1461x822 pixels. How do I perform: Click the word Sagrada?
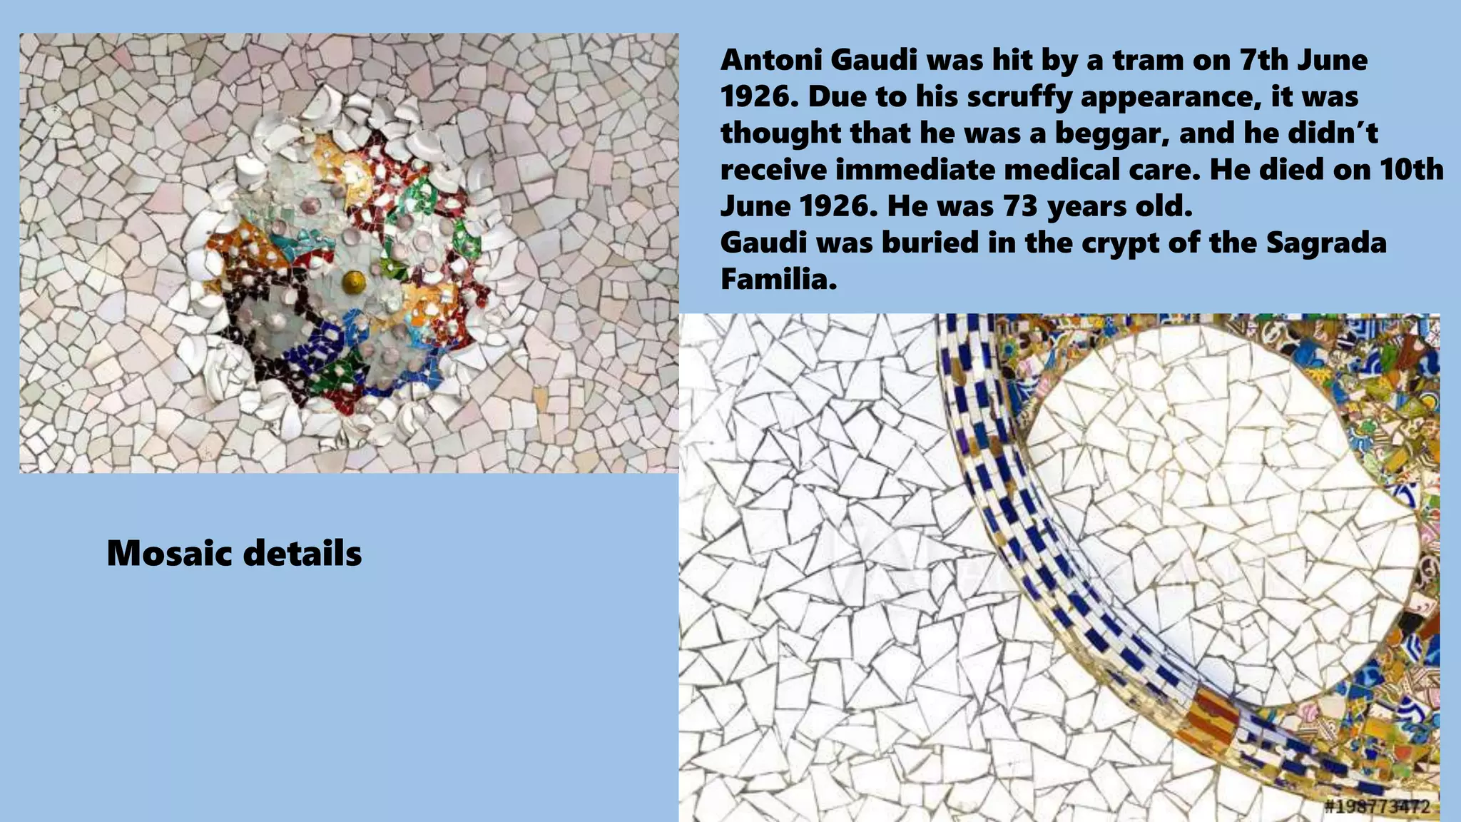1326,243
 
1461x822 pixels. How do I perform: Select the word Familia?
778,280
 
